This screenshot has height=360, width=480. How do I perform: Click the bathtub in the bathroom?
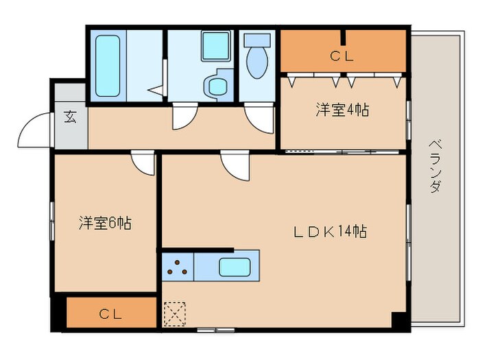tap(108, 65)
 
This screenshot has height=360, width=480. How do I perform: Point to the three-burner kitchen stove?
tap(178, 266)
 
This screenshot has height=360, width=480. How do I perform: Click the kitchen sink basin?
tap(233, 266)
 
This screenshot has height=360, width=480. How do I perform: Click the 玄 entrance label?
tap(70, 116)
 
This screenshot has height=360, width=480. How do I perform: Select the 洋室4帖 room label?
tap(342, 109)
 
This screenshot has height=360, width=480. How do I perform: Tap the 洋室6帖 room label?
tap(105, 223)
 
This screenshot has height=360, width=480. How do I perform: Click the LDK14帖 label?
tap(330, 231)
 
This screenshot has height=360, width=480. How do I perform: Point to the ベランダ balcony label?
tap(435, 165)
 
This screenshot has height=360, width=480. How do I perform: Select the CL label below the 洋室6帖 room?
tap(110, 315)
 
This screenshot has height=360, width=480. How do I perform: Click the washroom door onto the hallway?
tap(184, 117)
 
